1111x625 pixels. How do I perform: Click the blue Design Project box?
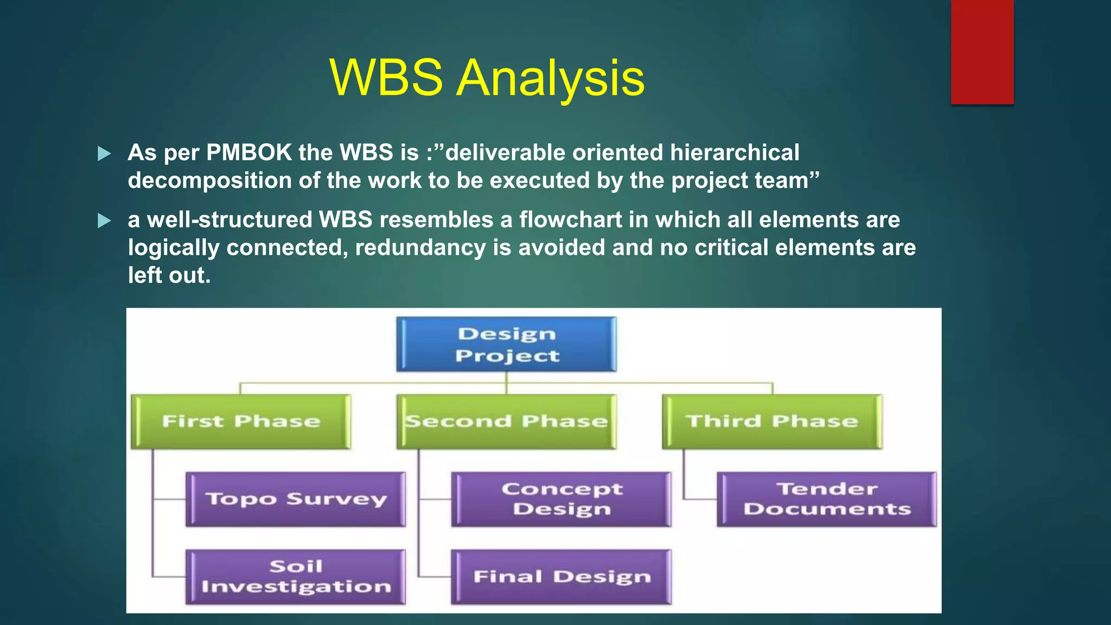[x=506, y=345]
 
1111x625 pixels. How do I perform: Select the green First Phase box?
[x=241, y=422]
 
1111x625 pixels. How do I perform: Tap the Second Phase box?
[x=506, y=422]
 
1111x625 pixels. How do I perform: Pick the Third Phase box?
[x=772, y=422]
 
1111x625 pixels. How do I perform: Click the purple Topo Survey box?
[x=296, y=499]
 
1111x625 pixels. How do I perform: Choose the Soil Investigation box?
[x=296, y=577]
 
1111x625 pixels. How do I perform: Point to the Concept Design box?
[x=561, y=499]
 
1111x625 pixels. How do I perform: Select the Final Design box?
[x=561, y=577]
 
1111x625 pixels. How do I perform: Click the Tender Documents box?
[x=827, y=499]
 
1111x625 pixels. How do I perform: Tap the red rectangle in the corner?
[x=982, y=52]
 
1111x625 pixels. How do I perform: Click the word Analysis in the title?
[x=551, y=79]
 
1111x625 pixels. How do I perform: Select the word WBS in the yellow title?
[x=386, y=79]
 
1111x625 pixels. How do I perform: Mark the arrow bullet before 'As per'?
[x=104, y=154]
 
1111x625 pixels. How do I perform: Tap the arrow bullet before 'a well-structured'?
[x=104, y=221]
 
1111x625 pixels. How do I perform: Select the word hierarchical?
[x=735, y=153]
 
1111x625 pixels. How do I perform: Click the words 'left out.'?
[x=169, y=276]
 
